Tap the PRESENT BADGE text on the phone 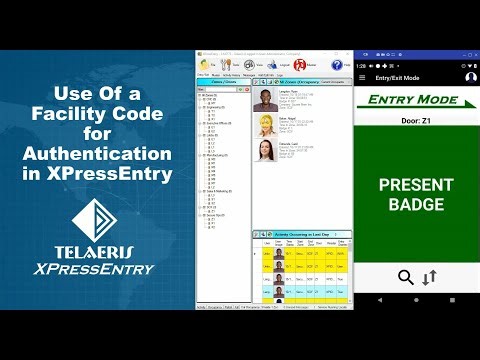pyautogui.click(x=416, y=195)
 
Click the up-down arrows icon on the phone pyautogui.click(x=429, y=277)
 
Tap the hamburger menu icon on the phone pyautogui.click(x=364, y=77)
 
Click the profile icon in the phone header pyautogui.click(x=470, y=77)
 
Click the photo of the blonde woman pyautogui.click(x=267, y=125)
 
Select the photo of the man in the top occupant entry pyautogui.click(x=267, y=100)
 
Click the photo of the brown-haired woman pyautogui.click(x=267, y=149)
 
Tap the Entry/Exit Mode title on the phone pyautogui.click(x=397, y=77)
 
